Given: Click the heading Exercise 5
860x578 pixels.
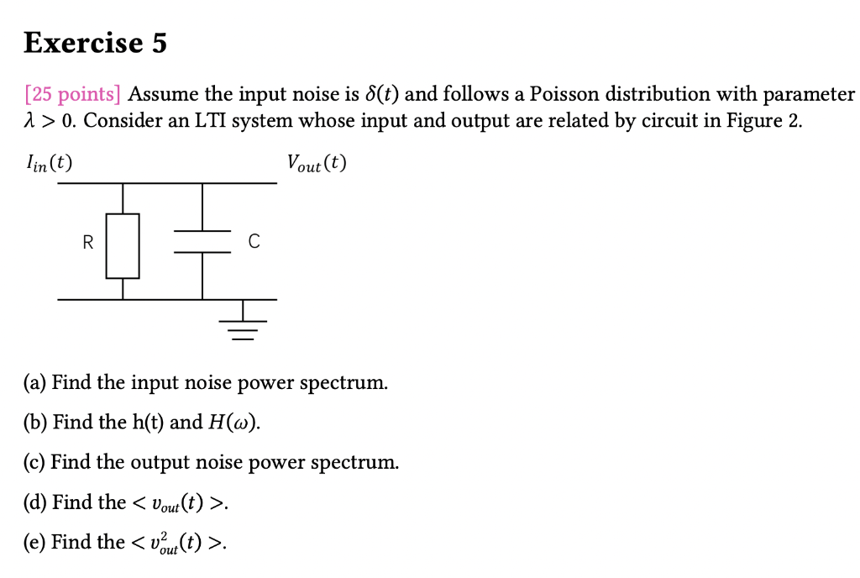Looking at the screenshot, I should pos(95,42).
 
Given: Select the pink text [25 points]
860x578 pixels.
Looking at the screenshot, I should pos(73,93).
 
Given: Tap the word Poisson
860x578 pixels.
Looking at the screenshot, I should pos(561,93).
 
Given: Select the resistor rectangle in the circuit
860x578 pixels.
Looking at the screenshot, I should pos(123,245).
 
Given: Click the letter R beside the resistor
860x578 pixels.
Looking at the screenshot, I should pos(87,244).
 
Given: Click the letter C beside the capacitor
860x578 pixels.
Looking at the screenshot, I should pos(253,243).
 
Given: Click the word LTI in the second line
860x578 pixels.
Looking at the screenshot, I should pos(211,121).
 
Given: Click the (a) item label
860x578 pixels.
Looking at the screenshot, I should pos(34,383).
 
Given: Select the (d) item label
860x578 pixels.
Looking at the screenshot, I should pos(35,502).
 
